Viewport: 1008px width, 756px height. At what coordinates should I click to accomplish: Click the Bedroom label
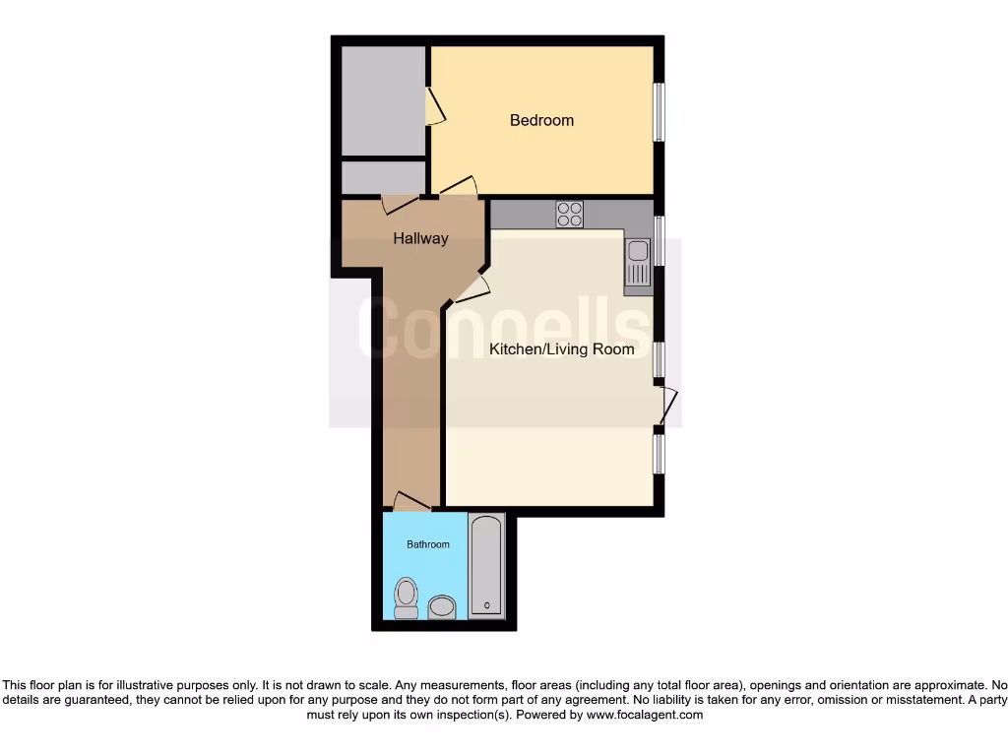(x=541, y=120)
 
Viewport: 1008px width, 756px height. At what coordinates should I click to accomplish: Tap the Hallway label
(x=420, y=238)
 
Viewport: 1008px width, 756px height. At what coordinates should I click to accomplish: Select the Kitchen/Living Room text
(x=562, y=349)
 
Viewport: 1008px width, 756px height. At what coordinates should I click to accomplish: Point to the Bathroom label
(x=428, y=544)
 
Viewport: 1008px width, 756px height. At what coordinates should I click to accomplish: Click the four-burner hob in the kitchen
(x=569, y=214)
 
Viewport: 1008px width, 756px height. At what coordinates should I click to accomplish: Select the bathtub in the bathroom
(x=486, y=565)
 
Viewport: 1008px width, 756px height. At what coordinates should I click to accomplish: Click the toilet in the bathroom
(x=406, y=598)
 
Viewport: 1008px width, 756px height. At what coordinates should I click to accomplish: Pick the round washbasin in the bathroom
(x=442, y=605)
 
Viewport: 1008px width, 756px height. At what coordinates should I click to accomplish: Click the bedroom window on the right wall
(x=660, y=110)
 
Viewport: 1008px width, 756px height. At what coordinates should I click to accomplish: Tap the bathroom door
(x=411, y=502)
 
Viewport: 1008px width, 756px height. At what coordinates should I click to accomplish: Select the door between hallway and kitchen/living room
(x=472, y=287)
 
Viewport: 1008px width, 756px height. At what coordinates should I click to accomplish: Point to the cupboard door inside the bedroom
(x=435, y=106)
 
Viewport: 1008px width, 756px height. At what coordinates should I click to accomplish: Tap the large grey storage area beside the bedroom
(x=383, y=98)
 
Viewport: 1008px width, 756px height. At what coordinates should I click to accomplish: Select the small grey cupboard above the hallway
(x=383, y=177)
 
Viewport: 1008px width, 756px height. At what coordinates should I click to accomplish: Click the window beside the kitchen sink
(x=660, y=241)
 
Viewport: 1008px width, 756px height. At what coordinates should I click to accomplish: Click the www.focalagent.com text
(x=645, y=715)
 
